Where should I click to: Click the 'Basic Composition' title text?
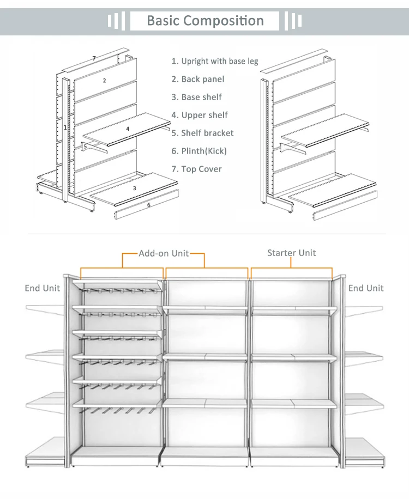tap(205, 21)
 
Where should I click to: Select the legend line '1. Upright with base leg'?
tap(215, 62)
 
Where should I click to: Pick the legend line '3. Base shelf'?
tap(196, 98)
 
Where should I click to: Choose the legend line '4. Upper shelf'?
tap(200, 115)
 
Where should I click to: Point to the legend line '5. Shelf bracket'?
tap(202, 133)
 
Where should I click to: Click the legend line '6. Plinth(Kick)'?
tap(199, 151)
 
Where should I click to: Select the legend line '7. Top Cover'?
tap(196, 169)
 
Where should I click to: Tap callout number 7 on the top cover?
tap(94, 58)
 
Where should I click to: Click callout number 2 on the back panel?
tap(105, 81)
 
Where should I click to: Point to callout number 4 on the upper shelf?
tap(128, 129)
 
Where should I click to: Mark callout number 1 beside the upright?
tap(65, 127)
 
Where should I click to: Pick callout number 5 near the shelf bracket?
tap(85, 147)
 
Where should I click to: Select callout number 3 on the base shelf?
tap(134, 188)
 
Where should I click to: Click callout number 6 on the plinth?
tap(148, 205)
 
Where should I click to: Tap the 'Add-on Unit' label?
tap(164, 254)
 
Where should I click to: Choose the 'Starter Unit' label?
tap(291, 253)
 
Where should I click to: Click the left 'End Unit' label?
tap(43, 288)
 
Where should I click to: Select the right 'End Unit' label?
tap(366, 288)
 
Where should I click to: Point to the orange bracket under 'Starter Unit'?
tap(291, 268)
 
